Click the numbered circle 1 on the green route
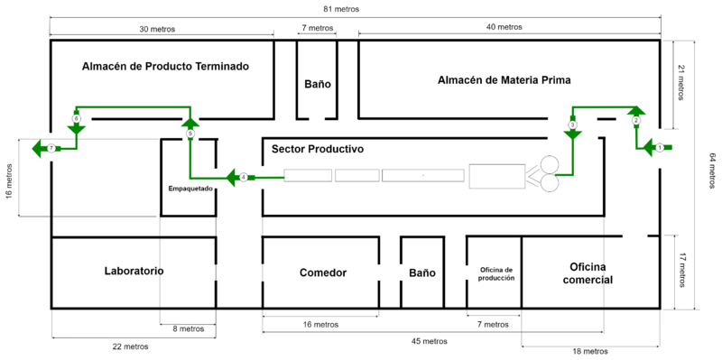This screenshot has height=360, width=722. coord(659,148)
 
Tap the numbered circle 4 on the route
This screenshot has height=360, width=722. coord(244,177)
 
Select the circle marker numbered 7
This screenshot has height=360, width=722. coord(51,148)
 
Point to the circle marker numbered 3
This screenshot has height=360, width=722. coord(572,125)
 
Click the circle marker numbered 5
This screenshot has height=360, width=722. coord(190,133)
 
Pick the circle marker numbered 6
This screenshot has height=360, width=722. coord(77,119)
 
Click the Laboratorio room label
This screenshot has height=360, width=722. coord(134,271)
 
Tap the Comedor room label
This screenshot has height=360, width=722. coord(323,272)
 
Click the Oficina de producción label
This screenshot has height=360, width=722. coord(495,274)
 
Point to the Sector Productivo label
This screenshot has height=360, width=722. coord(318,150)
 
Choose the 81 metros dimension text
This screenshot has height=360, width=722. coord(341,9)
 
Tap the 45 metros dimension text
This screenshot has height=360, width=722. coord(430,342)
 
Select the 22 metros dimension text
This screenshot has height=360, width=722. coord(130,346)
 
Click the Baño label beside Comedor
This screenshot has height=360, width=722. coord(422,272)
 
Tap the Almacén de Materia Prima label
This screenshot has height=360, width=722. coord(504,80)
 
